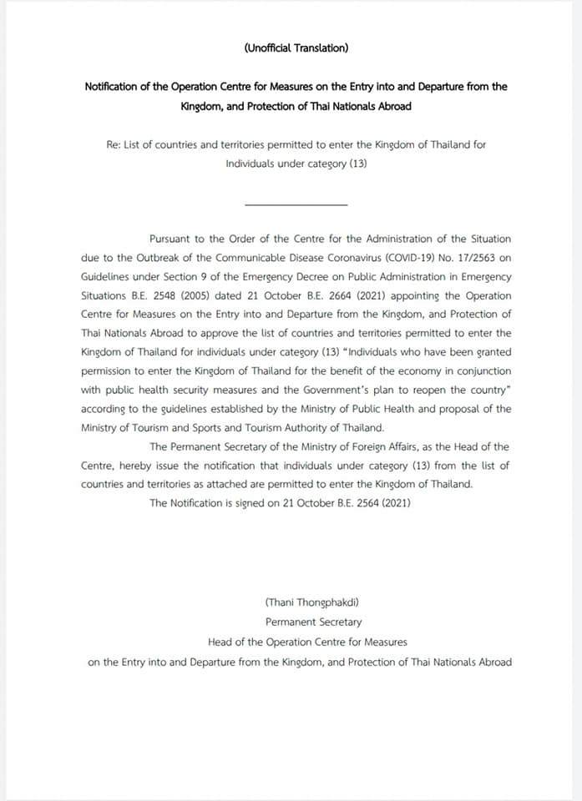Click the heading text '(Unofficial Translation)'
(x=296, y=48)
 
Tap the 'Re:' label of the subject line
(x=114, y=144)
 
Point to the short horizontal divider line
(x=296, y=204)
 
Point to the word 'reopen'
(x=425, y=390)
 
